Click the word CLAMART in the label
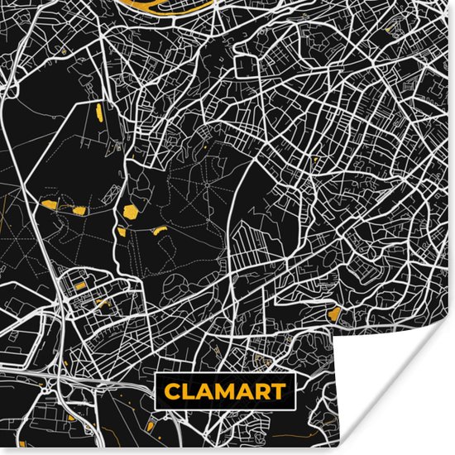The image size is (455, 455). pyautogui.click(x=224, y=391)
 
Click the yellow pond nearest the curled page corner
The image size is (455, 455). pyautogui.click(x=334, y=314)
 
